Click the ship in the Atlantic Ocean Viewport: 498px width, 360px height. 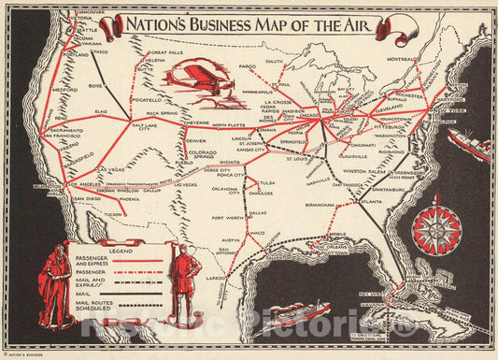pos(470,143)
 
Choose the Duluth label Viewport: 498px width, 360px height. pos(274,61)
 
